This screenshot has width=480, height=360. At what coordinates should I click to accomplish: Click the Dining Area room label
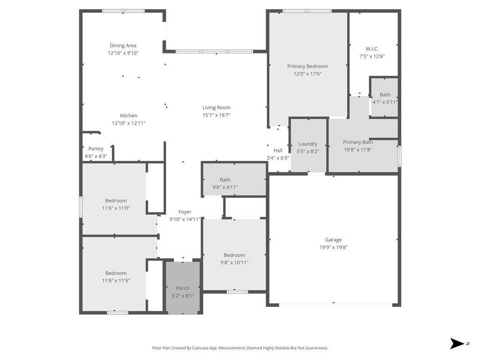pyautogui.click(x=123, y=45)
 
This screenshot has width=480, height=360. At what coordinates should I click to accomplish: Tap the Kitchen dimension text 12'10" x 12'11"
pyautogui.click(x=128, y=123)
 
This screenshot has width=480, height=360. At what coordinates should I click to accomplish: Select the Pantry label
pyautogui.click(x=96, y=149)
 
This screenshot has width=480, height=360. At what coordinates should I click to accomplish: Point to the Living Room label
pyautogui.click(x=216, y=107)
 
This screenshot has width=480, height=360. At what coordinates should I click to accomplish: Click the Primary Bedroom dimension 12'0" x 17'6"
pyautogui.click(x=307, y=74)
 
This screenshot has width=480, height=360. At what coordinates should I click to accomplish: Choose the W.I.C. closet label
pyautogui.click(x=372, y=49)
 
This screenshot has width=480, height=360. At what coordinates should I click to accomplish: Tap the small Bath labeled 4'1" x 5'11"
pyautogui.click(x=385, y=95)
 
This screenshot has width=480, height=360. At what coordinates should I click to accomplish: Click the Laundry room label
pyautogui.click(x=308, y=144)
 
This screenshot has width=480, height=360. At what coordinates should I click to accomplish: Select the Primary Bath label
pyautogui.click(x=358, y=142)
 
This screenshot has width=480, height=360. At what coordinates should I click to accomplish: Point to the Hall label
pyautogui.click(x=278, y=150)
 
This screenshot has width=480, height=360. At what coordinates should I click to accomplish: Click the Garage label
pyautogui.click(x=333, y=240)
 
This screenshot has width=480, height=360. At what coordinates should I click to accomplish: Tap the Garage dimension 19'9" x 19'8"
pyautogui.click(x=333, y=247)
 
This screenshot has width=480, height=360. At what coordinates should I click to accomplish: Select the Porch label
pyautogui.click(x=183, y=288)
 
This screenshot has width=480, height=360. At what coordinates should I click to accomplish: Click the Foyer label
pyautogui.click(x=185, y=212)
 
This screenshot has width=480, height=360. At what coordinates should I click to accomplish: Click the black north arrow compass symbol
pyautogui.click(x=457, y=344)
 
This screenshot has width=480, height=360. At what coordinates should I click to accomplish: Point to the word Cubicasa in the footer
pyautogui.click(x=201, y=348)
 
